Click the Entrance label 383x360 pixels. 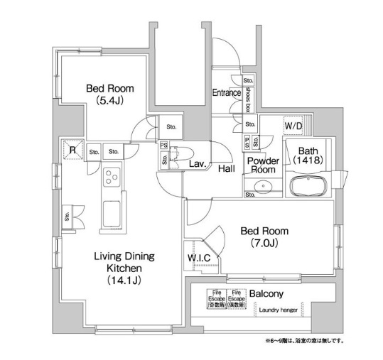point(227,92)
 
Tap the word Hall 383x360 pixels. point(227,168)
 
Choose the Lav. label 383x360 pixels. point(198,164)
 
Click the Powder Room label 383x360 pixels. point(262,165)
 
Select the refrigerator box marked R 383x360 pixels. point(72,149)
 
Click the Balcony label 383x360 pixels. point(267,293)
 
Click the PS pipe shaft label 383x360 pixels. point(164,146)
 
